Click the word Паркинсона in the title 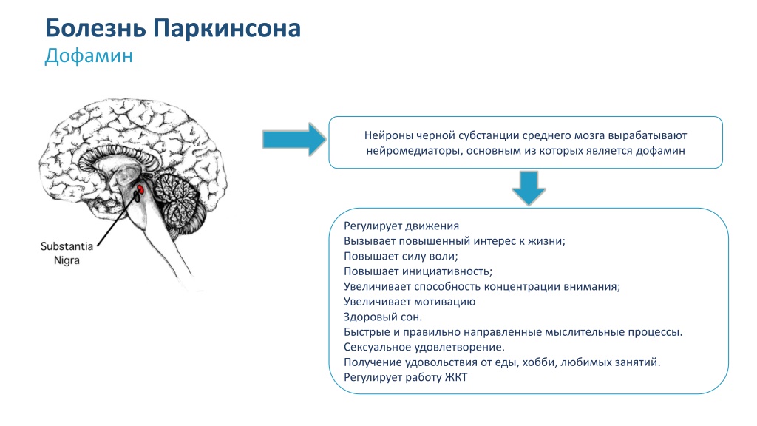tap(227, 28)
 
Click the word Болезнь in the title tap(95, 28)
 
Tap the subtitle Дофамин tap(89, 56)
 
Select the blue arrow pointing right tap(294, 140)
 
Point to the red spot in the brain tap(140, 189)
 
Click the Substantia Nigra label tap(67, 253)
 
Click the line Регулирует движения tap(401, 226)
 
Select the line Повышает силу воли tap(401, 257)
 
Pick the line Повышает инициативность tap(418, 271)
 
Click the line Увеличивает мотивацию tap(410, 302)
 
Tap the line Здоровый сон tap(383, 317)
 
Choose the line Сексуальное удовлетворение tap(424, 348)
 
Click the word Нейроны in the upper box tap(388, 136)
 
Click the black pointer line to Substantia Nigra tap(117, 220)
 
